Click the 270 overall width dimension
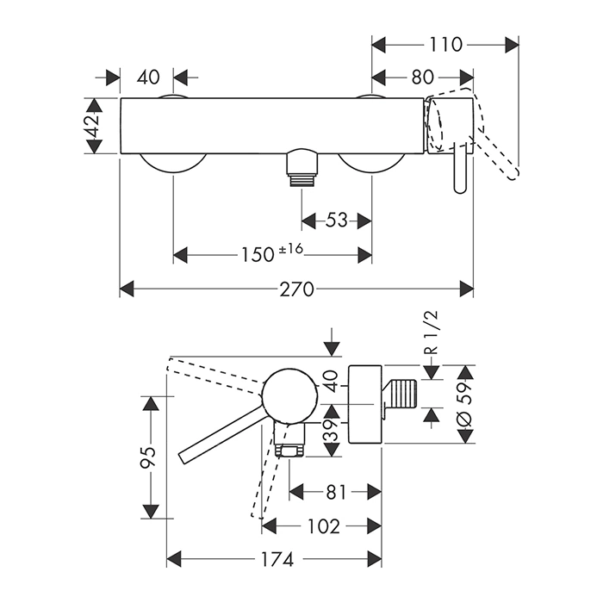pos(296,288)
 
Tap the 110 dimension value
pos(444,43)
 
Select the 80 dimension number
pos(421,78)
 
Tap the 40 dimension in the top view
pos(148,78)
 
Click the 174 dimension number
pos(276,559)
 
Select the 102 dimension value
pos(322,525)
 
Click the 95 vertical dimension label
pos(148,457)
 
